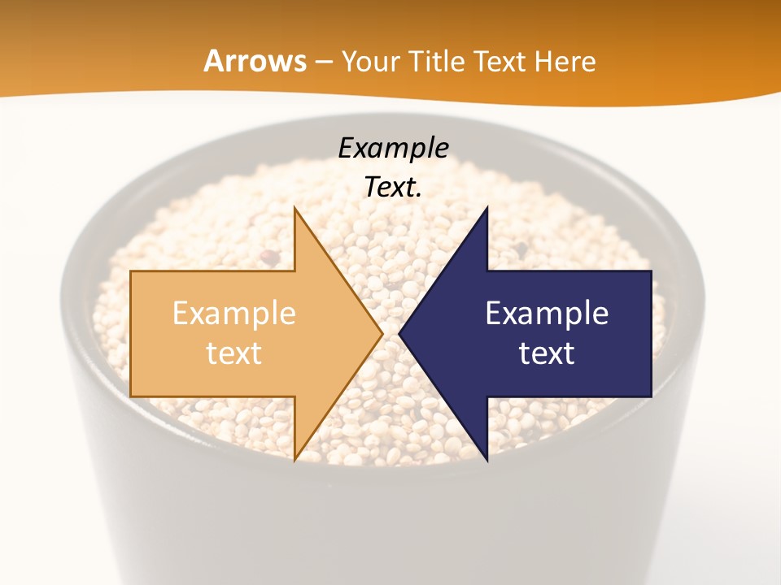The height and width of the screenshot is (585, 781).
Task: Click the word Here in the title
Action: pyautogui.click(x=568, y=61)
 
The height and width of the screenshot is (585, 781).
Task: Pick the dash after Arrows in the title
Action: pyautogui.click(x=324, y=63)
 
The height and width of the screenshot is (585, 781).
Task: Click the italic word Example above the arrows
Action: pyautogui.click(x=393, y=148)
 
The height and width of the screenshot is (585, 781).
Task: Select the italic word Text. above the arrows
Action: pyautogui.click(x=393, y=187)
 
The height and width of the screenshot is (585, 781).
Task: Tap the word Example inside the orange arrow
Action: pyautogui.click(x=234, y=313)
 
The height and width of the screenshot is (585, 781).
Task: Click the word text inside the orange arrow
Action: pyautogui.click(x=234, y=353)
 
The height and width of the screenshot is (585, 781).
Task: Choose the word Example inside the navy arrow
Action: pyautogui.click(x=547, y=313)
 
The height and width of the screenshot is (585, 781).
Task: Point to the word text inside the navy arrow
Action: pyautogui.click(x=547, y=353)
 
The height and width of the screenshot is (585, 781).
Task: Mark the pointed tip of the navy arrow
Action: pyautogui.click(x=400, y=333)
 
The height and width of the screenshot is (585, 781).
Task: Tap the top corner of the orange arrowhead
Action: pyautogui.click(x=295, y=209)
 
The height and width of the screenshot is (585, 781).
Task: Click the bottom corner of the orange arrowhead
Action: pyautogui.click(x=295, y=459)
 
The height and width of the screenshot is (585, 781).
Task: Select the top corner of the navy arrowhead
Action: pyautogui.click(x=486, y=209)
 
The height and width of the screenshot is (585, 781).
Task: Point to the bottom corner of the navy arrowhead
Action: pyautogui.click(x=486, y=459)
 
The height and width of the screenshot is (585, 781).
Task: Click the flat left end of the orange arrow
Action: pyautogui.click(x=132, y=333)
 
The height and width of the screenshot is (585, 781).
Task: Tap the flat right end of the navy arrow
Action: pyautogui.click(x=650, y=333)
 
